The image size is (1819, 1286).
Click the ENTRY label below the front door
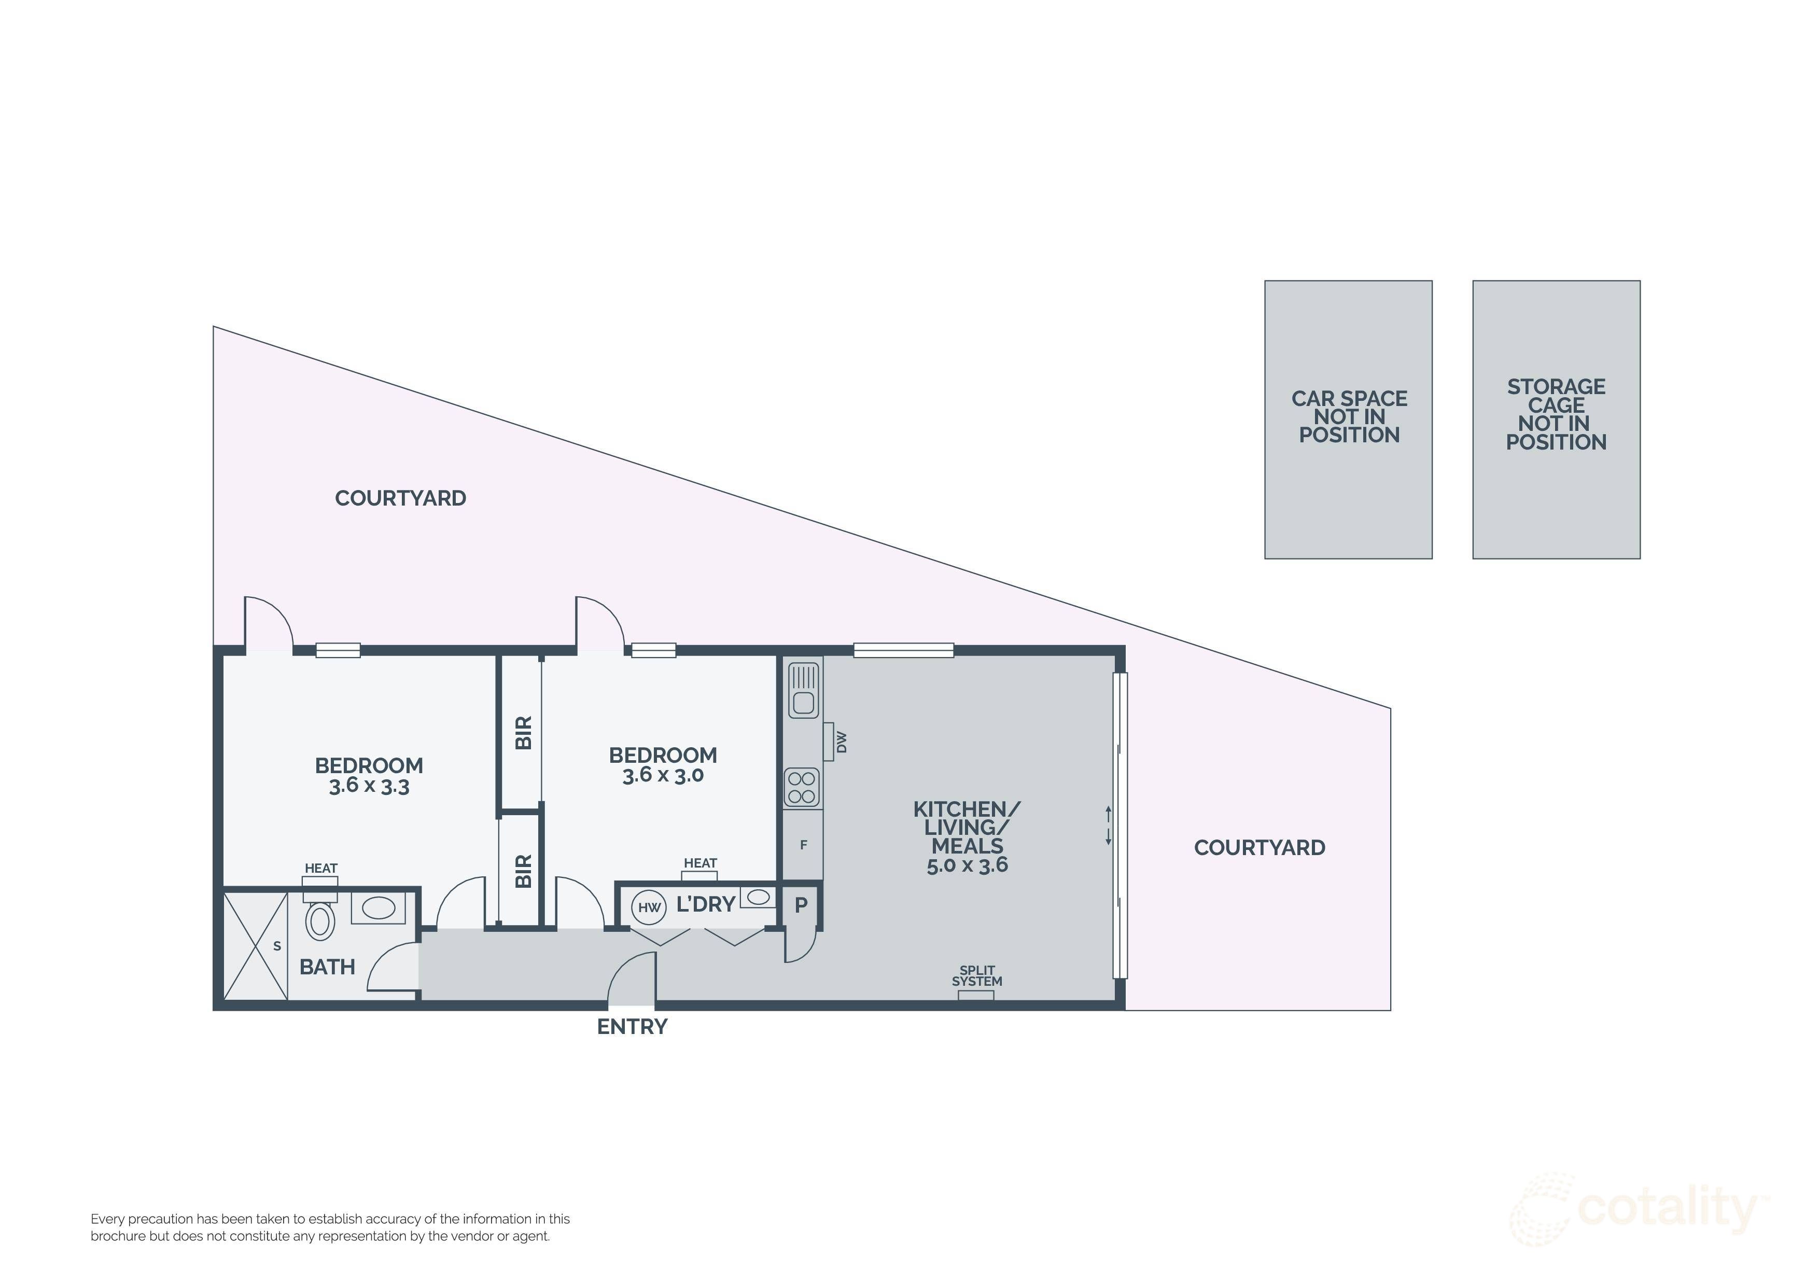click(x=632, y=1027)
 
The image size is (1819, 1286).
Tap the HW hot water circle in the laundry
click(x=649, y=907)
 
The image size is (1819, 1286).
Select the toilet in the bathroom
click(x=320, y=919)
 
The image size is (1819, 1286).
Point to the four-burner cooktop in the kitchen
click(x=802, y=788)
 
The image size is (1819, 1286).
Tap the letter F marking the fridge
click(x=803, y=845)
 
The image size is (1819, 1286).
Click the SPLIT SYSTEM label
click(x=977, y=976)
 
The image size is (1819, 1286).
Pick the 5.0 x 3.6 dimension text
click(x=968, y=865)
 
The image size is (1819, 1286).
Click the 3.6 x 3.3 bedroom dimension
click(x=369, y=786)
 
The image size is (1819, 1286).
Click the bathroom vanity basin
click(x=379, y=908)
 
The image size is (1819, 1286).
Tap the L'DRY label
click(x=706, y=904)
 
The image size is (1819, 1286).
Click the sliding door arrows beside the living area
click(x=1108, y=826)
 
